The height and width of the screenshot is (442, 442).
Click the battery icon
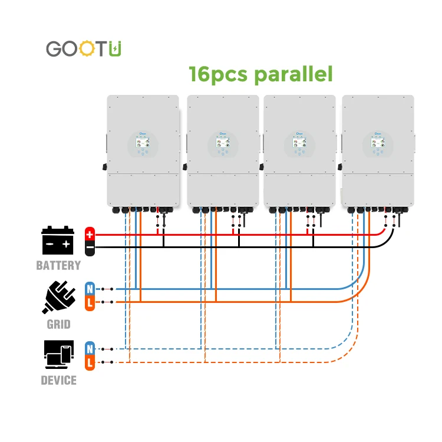[x=58, y=241]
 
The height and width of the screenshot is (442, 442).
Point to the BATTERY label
[x=58, y=266]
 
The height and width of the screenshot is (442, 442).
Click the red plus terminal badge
[x=90, y=234]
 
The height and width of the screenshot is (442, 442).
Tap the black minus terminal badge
[x=90, y=248]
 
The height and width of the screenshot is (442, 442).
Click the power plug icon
[x=58, y=296]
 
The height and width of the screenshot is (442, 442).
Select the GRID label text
[x=58, y=325]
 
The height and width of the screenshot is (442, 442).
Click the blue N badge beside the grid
[x=90, y=289]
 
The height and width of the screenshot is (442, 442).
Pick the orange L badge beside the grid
[x=90, y=302]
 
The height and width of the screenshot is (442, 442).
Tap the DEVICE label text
[x=58, y=381]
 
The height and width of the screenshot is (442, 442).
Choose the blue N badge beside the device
[x=90, y=348]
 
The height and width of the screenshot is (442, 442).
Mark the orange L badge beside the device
[x=90, y=362]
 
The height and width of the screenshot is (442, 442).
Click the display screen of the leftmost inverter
[x=142, y=143]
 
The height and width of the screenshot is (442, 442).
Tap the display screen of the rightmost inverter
[x=377, y=143]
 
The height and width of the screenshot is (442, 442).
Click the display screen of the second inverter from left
[x=222, y=143]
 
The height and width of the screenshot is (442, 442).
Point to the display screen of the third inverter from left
[x=299, y=143]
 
